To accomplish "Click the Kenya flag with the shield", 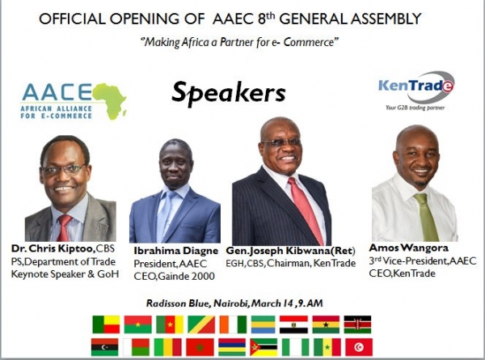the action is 357,324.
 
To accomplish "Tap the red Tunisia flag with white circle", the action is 359,347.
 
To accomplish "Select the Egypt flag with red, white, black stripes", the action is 293,324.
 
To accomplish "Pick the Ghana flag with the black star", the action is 326,324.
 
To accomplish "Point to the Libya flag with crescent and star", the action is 105,347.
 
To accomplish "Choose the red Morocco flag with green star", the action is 200,347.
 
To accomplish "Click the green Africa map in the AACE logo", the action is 110,100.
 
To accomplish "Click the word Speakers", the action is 228,92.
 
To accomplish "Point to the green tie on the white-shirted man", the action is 428,218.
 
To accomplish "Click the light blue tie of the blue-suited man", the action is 163,215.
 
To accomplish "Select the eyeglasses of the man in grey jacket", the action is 63,169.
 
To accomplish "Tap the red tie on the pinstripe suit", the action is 305,210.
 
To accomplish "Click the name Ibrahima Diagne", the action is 175,251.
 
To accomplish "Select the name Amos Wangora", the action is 408,248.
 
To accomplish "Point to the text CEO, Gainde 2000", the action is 174,276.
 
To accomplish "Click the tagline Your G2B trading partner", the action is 415,108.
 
